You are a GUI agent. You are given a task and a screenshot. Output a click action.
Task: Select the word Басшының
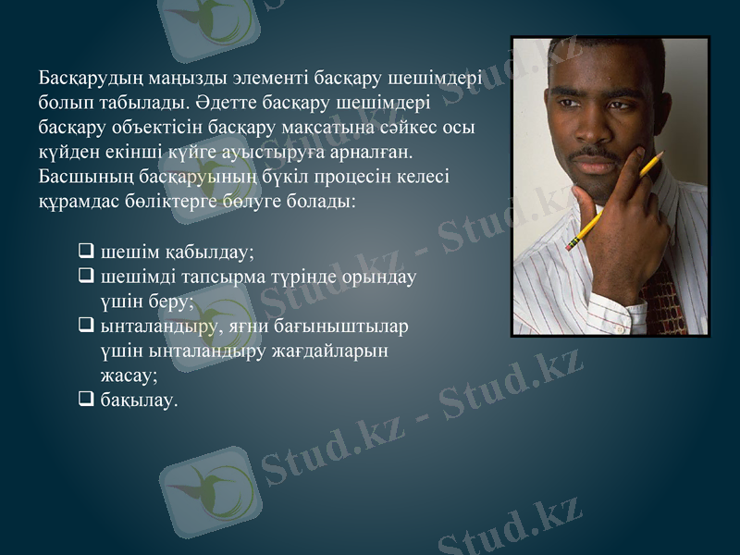(x=81, y=175)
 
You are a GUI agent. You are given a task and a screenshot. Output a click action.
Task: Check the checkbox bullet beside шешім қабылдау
(x=86, y=250)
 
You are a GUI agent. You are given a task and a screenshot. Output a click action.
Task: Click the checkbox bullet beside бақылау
(x=86, y=400)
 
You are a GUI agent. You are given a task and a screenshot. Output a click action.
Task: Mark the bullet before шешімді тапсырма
(x=86, y=275)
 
